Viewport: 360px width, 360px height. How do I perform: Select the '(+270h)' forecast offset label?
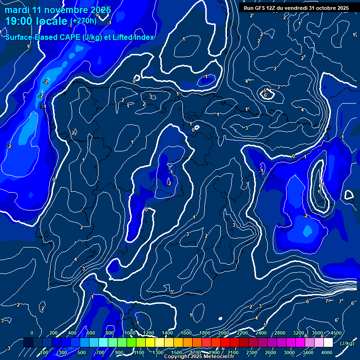83,21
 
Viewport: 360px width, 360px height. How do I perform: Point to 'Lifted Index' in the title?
132,37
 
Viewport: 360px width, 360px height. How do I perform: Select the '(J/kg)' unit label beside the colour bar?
347,343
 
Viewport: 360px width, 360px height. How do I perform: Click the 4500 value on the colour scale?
336,333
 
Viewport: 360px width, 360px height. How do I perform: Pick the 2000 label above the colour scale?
223,333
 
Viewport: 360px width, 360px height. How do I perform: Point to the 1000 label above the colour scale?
129,333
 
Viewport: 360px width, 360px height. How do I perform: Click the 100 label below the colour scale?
44,352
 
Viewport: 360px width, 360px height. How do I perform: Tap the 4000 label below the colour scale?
327,352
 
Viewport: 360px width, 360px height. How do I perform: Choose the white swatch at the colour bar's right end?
328,343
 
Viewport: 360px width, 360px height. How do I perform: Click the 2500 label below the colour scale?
270,352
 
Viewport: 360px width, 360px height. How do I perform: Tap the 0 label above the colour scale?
31,333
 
